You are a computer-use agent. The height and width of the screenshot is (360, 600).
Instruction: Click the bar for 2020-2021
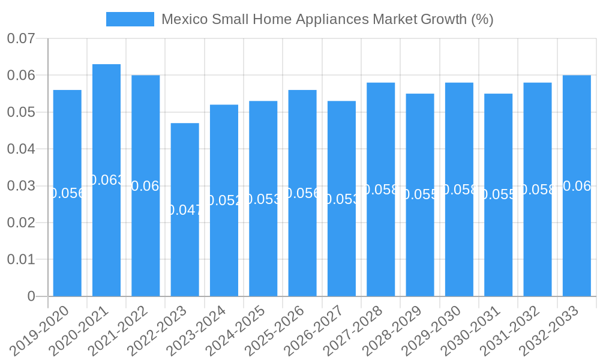point(106,180)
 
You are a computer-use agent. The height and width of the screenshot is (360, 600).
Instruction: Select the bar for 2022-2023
point(185,209)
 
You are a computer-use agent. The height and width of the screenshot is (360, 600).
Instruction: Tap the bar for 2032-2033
point(577,185)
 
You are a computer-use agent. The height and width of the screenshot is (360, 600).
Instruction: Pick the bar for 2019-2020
point(67,193)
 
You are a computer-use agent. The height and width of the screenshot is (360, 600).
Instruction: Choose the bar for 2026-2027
point(341,199)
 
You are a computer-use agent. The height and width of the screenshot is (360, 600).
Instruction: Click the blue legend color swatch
point(130,19)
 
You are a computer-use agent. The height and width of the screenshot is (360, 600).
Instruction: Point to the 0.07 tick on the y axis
point(21,39)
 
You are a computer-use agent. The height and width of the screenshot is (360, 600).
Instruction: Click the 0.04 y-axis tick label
point(21,149)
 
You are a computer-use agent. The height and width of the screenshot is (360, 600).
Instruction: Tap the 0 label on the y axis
point(31,296)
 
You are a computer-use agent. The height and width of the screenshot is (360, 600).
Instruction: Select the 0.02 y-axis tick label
point(21,223)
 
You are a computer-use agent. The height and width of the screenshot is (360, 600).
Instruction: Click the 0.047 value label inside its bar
point(185,209)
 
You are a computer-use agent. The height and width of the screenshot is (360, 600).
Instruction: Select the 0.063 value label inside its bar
point(106,180)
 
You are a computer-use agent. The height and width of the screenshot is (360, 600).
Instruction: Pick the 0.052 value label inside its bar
point(224,200)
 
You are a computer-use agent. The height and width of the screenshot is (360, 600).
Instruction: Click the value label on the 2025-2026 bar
point(302,193)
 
